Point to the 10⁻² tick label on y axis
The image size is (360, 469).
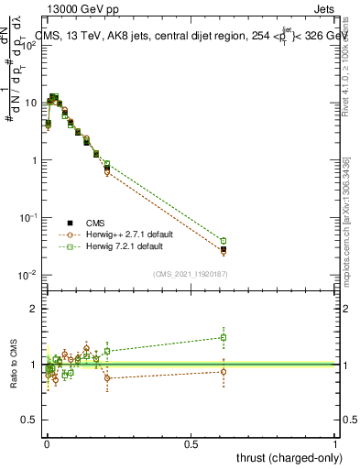pyautogui.click(x=27, y=275)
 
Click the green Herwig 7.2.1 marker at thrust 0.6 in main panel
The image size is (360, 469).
pyautogui.click(x=224, y=241)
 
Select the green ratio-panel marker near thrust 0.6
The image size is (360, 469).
pyautogui.click(x=224, y=337)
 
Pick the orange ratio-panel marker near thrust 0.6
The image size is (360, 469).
pyautogui.click(x=224, y=371)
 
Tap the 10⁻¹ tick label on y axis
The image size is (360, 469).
pyautogui.click(x=27, y=218)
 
